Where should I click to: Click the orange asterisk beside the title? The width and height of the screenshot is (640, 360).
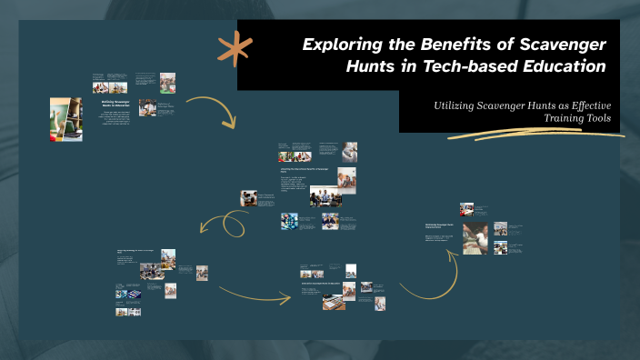coord(235,48)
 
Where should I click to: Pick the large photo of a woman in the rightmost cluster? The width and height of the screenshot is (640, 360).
coord(475,238)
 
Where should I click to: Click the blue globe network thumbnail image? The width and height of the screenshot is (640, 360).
coord(289,220)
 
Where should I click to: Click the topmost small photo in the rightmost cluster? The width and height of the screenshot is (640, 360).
coord(466,208)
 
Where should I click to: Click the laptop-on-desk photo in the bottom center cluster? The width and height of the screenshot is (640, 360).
coord(333,299)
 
